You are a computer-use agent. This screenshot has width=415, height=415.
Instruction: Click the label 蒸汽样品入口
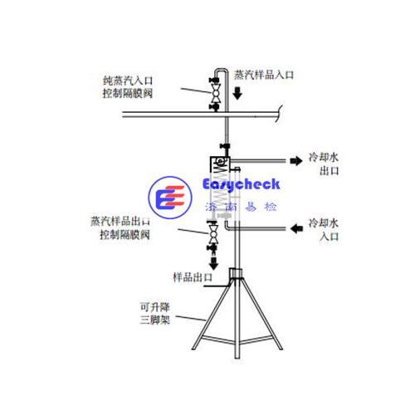264,75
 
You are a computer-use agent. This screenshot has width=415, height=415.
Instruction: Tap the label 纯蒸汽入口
128,81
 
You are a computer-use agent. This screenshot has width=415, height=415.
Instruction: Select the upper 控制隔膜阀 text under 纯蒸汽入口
128,93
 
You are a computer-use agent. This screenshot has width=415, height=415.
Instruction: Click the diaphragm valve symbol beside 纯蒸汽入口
215,94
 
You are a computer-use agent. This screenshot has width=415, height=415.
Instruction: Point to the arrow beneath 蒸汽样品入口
237,93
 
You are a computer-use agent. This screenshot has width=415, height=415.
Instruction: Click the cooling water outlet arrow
296,161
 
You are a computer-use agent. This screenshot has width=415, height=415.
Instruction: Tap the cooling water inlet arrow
296,228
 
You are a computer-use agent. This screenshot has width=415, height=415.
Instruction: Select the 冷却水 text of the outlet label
324,158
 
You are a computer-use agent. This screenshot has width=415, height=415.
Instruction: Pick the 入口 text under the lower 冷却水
329,237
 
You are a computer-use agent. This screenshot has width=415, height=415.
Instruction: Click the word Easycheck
241,185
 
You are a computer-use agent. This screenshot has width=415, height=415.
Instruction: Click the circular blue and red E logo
170,198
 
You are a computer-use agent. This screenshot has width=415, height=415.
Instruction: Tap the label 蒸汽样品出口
120,222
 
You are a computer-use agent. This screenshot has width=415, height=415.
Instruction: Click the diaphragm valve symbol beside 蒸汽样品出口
213,234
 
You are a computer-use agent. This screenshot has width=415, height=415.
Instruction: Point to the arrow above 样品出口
213,263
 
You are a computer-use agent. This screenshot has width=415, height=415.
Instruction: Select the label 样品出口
193,277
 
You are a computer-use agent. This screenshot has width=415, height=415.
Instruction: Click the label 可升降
155,307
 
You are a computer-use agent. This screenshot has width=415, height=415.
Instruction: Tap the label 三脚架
155,320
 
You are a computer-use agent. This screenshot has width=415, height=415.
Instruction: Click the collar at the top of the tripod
236,274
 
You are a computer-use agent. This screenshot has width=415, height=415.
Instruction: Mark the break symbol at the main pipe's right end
279,114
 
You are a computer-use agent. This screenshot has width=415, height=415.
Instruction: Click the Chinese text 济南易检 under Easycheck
241,207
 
